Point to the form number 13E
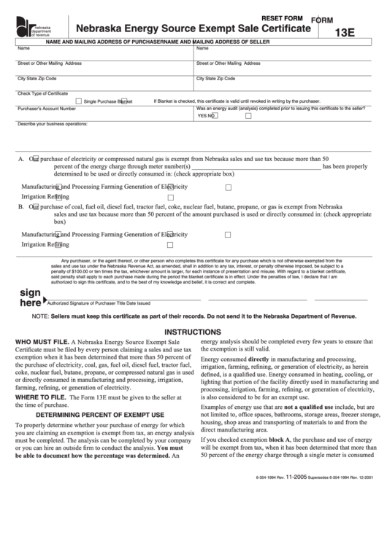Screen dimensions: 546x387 point(345,33)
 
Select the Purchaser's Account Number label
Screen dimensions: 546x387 point(47,108)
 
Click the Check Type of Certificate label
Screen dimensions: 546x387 point(42,93)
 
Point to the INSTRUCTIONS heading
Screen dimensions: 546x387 point(193,330)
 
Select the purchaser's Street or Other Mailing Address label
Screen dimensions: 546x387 point(50,63)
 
